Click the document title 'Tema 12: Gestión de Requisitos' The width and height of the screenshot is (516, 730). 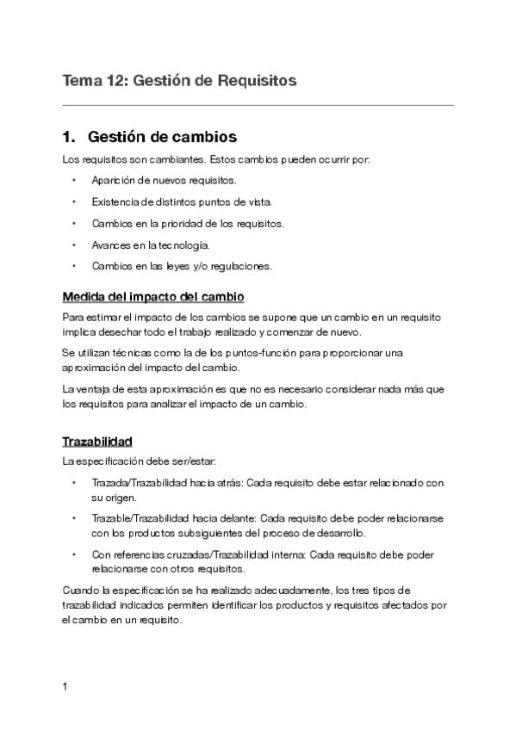click(179, 81)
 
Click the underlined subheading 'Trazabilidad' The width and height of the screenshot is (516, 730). click(97, 442)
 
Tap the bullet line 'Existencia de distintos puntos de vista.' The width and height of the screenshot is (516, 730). click(181, 202)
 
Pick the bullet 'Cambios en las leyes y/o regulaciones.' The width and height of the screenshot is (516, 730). click(181, 266)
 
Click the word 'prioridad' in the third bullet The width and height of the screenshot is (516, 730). click(195, 224)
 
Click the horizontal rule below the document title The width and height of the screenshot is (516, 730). click(258, 105)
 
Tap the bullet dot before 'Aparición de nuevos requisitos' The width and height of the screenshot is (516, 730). click(74, 181)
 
